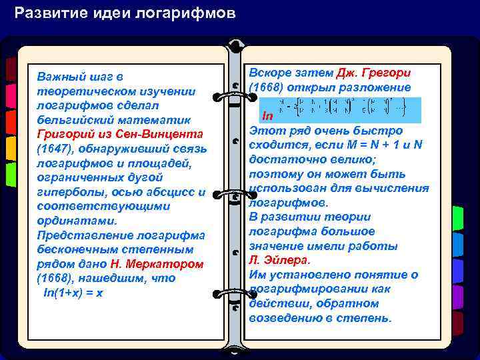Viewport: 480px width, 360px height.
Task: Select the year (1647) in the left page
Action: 54,148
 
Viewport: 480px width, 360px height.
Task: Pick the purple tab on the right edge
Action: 458,296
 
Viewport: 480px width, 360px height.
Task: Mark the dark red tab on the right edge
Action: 458,323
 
